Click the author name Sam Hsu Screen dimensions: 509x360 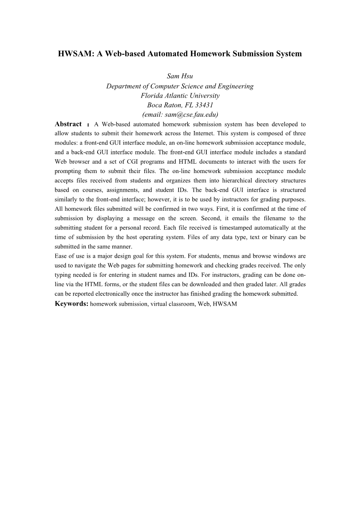tap(180, 76)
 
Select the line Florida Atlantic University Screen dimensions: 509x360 tap(180, 96)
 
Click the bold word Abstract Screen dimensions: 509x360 tap(68, 124)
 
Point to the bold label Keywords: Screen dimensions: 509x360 tap(72, 304)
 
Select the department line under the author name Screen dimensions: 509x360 tap(180, 86)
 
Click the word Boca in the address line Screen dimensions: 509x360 tap(154, 105)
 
